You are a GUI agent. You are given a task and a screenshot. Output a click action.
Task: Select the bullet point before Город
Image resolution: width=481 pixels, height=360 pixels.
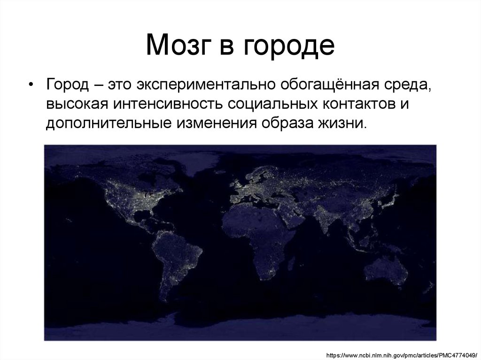31,84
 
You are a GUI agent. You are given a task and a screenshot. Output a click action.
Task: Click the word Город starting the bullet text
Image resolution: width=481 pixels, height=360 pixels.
67,85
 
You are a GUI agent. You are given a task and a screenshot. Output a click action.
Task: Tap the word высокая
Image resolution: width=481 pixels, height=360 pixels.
76,104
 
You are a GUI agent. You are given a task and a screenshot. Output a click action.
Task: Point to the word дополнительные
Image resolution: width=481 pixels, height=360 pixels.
108,123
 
